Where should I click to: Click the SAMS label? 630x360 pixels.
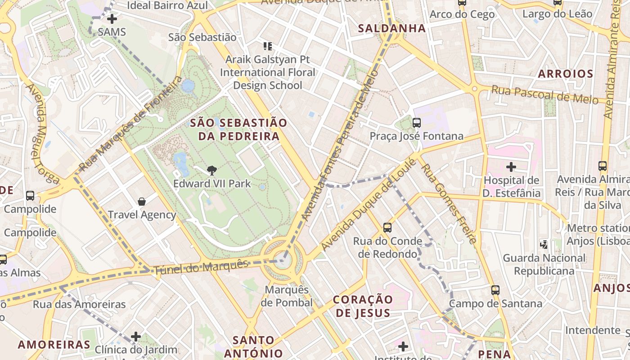click(x=112, y=32)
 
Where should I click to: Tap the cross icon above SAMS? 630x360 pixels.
click(x=112, y=19)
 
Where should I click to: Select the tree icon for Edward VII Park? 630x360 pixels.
click(x=211, y=170)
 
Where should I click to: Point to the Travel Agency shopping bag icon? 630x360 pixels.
click(x=142, y=202)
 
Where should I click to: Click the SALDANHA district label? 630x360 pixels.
click(x=391, y=28)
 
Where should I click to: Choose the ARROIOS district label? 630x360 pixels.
click(x=566, y=74)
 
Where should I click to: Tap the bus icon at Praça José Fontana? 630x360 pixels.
click(x=416, y=122)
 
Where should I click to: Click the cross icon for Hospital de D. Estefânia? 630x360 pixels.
click(x=511, y=167)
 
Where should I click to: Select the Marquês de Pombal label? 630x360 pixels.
click(x=287, y=296)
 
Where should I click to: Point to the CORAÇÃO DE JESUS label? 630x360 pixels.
click(x=363, y=306)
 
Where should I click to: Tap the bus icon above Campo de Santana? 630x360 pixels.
click(x=495, y=290)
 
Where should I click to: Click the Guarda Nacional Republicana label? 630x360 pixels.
click(x=544, y=265)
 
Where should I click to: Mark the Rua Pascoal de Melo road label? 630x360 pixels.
click(x=544, y=94)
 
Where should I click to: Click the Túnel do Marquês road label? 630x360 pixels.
click(x=201, y=267)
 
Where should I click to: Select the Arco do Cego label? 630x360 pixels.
click(x=462, y=14)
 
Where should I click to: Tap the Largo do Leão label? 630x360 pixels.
click(x=557, y=14)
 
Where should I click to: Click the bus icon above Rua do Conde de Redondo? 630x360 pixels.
click(x=387, y=228)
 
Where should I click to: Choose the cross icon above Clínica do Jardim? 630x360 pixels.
click(x=136, y=337)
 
